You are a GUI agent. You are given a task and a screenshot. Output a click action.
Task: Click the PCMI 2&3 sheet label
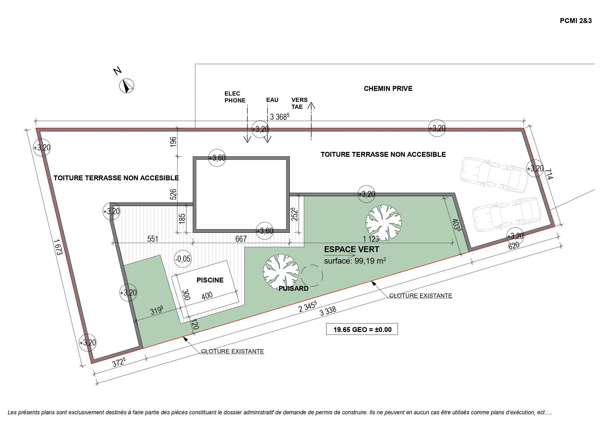(x=576, y=21)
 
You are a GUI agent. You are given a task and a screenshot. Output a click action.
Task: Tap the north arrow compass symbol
(x=127, y=86)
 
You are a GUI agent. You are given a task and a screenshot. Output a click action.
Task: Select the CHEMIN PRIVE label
(x=388, y=88)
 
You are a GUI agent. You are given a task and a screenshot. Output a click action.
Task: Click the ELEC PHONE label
(x=235, y=97)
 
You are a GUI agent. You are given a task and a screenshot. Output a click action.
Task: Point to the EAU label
(x=272, y=100)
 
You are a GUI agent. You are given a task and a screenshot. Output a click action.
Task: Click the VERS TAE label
(x=299, y=103)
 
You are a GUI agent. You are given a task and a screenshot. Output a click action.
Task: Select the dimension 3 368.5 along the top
(x=279, y=117)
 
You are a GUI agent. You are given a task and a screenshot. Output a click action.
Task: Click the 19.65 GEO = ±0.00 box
(x=362, y=329)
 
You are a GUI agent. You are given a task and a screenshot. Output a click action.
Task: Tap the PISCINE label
(x=210, y=280)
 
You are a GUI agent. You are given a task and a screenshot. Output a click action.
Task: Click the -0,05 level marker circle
(x=183, y=258)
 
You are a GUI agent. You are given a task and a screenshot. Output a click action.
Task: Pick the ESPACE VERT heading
(x=351, y=249)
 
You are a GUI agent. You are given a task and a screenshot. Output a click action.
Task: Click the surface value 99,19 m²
(x=370, y=261)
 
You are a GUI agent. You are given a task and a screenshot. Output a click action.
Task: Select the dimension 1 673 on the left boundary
(x=58, y=247)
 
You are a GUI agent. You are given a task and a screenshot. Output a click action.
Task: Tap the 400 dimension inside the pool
(x=207, y=295)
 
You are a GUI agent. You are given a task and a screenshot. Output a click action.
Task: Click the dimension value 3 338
(x=328, y=311)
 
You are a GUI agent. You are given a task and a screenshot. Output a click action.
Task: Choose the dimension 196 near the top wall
(x=173, y=142)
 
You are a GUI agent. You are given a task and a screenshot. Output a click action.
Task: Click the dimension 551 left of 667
(x=153, y=239)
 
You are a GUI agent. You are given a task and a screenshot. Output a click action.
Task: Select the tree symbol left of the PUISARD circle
(x=281, y=272)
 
